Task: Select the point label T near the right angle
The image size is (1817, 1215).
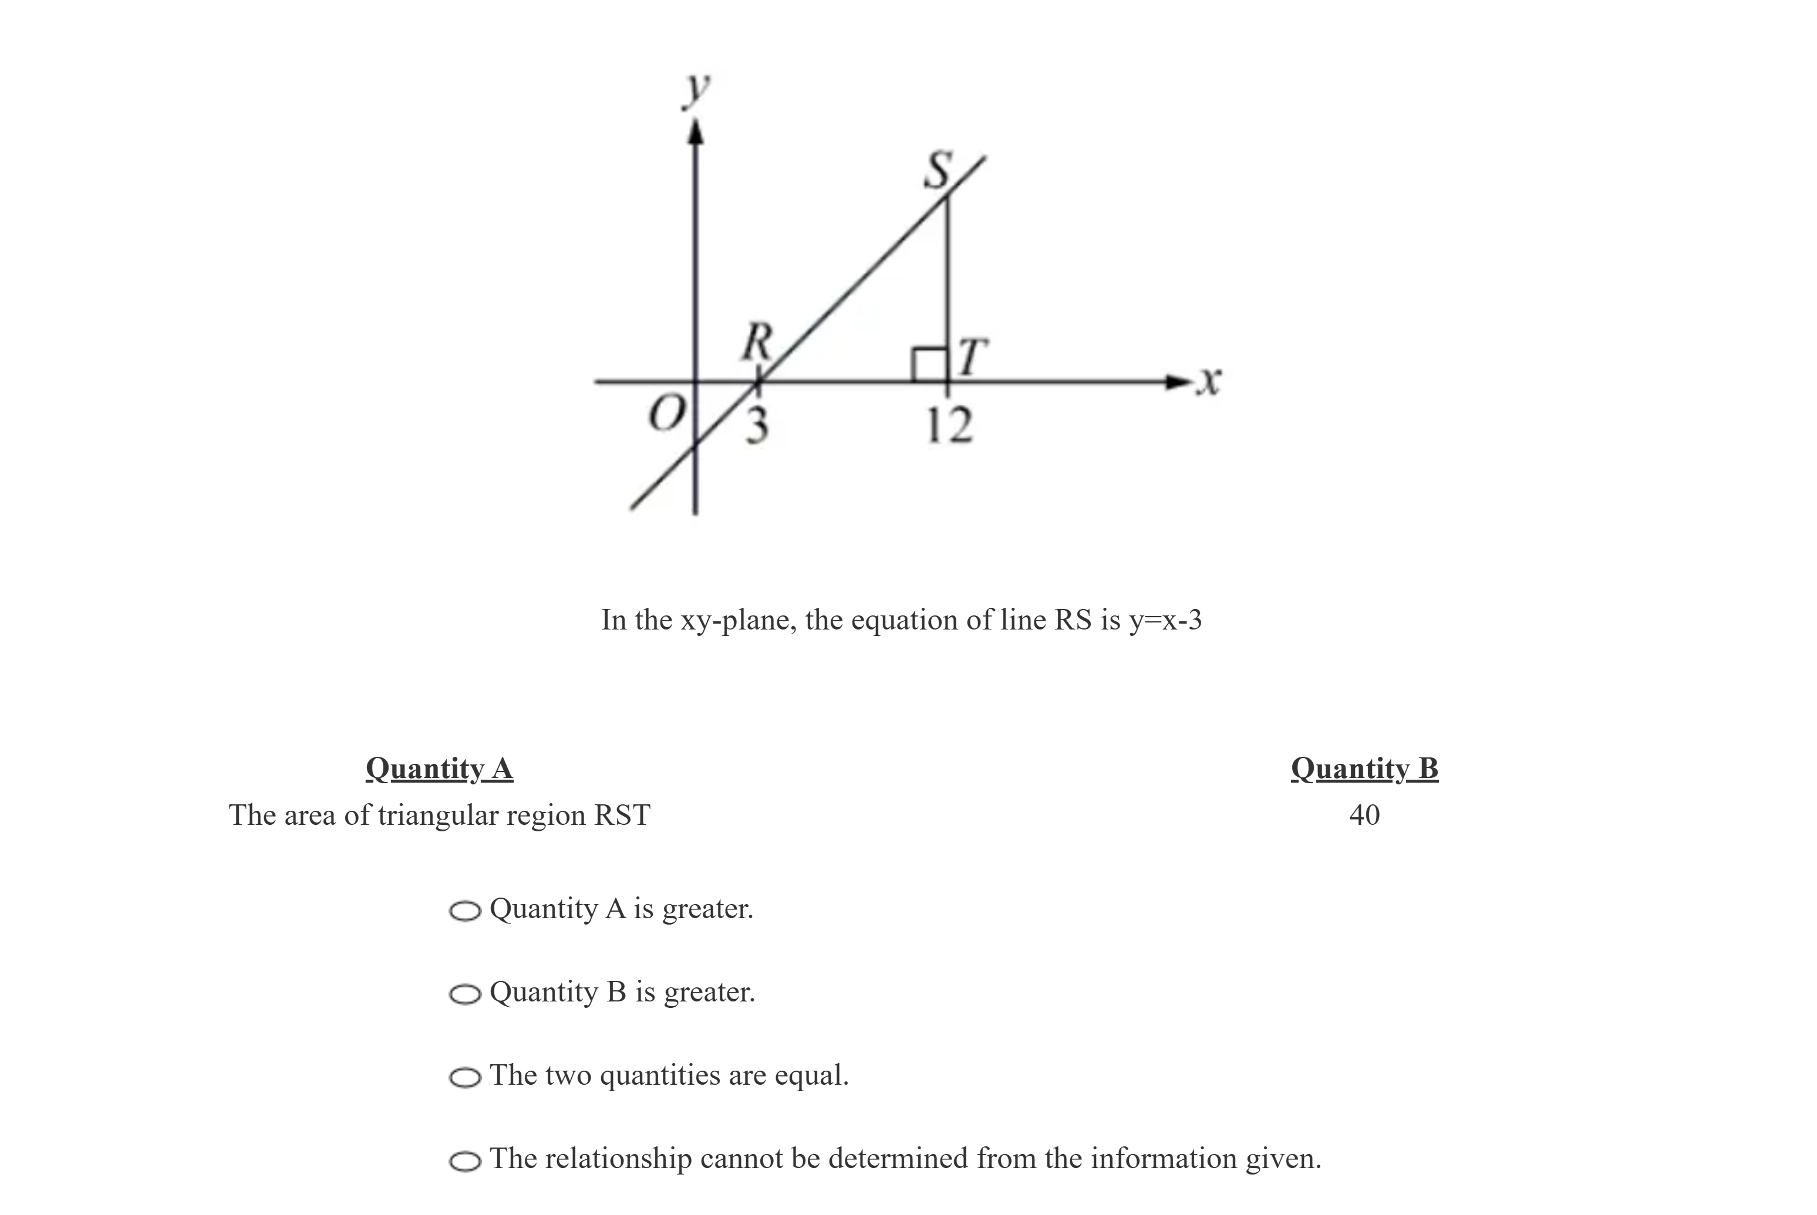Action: [x=973, y=357]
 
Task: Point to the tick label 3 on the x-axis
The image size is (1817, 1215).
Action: [x=757, y=425]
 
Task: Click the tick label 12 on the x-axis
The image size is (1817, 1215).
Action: [x=949, y=426]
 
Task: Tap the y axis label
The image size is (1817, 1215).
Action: [x=697, y=90]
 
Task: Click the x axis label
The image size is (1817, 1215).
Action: [x=1207, y=381]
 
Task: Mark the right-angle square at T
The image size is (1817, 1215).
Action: [x=929, y=364]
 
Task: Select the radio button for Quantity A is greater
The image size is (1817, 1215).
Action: [x=465, y=911]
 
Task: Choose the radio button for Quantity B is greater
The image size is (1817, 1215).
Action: [x=465, y=994]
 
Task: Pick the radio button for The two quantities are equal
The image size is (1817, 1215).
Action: [x=465, y=1077]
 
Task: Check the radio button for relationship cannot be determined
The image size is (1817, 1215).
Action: [x=465, y=1161]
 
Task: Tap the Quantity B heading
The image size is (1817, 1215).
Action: [x=1364, y=769]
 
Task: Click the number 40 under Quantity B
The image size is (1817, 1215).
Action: [x=1364, y=815]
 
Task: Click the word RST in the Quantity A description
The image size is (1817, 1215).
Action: [x=621, y=815]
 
